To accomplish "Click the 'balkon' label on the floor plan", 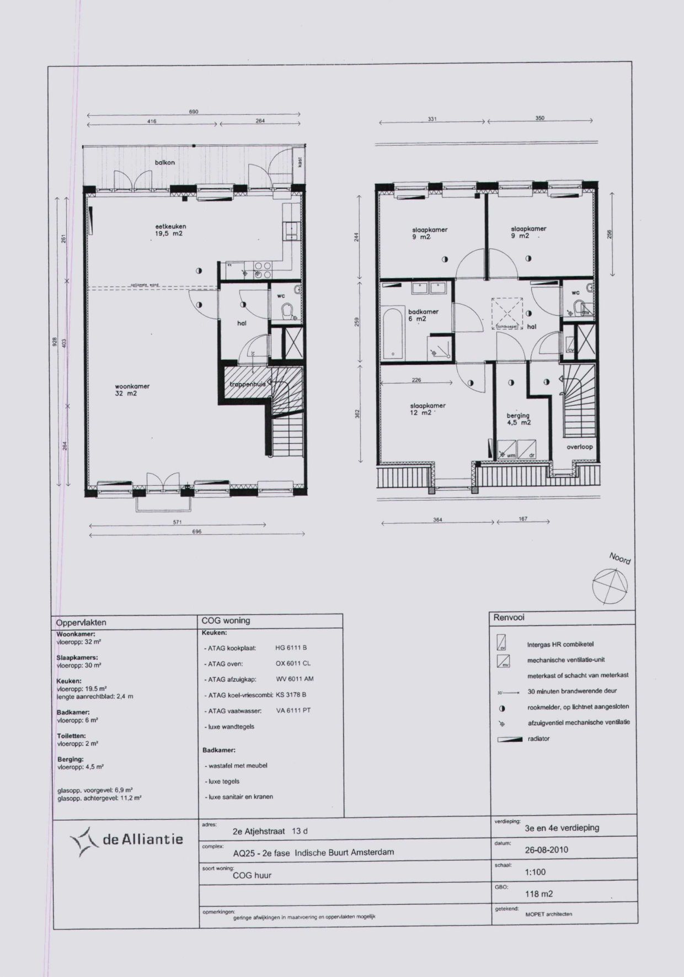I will tap(165, 163).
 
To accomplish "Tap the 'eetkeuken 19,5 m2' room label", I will tap(170, 230).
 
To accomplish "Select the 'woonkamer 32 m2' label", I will tap(132, 390).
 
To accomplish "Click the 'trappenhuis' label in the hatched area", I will tap(248, 384).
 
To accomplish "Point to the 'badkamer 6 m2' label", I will tap(423, 315).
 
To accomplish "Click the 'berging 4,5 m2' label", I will tap(518, 419).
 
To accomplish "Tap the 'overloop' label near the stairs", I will tap(579, 447).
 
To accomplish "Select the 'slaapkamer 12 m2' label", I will tap(427, 409).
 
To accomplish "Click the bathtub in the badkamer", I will tap(393, 334).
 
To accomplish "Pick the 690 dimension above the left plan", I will tap(194, 112).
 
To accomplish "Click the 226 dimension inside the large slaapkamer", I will tap(416, 380).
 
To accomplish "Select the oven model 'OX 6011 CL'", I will tap(293, 663).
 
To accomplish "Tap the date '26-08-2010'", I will tap(546, 849).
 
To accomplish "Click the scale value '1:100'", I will tap(535, 872).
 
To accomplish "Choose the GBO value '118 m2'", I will tap(539, 894).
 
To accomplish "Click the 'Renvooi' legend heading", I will tap(509, 618).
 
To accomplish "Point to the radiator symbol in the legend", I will tap(510, 739).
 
